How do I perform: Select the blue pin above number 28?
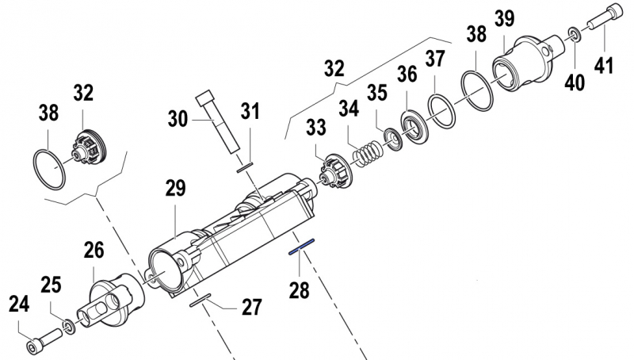point(303,247)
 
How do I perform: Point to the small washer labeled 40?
point(573,34)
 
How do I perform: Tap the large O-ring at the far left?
point(49,167)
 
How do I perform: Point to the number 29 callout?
point(175,190)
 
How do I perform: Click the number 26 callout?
point(94,252)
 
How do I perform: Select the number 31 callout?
point(250,113)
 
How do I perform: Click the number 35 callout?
point(376,92)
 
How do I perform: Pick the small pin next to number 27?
point(200,300)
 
